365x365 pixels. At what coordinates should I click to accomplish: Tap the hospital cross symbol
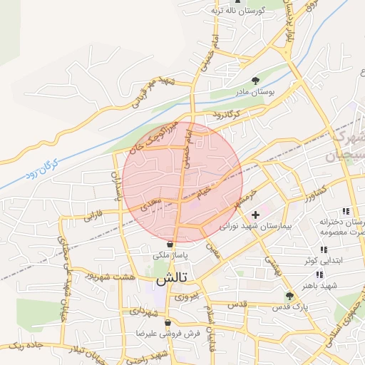tap(255, 214)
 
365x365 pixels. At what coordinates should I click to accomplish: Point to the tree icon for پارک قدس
tap(289, 295)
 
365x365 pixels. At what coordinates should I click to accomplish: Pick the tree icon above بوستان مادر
tap(256, 81)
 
